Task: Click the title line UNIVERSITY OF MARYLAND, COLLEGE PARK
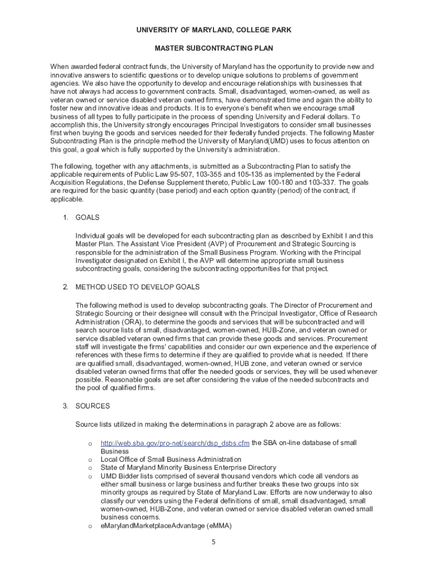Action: (x=214, y=29)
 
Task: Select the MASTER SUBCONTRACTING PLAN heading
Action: (x=214, y=48)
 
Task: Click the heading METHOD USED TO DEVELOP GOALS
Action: (x=137, y=287)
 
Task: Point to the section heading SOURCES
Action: (x=93, y=406)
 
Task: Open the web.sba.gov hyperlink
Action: (x=175, y=443)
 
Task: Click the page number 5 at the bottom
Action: (x=213, y=543)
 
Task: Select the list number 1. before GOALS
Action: (x=66, y=217)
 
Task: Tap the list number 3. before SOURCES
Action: (x=66, y=406)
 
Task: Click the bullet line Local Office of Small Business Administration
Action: (x=171, y=460)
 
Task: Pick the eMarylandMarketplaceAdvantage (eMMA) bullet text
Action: (x=166, y=526)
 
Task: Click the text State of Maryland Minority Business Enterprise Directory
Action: (x=188, y=468)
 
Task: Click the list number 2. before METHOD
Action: (x=66, y=287)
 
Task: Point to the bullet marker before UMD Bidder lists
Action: (x=89, y=476)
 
